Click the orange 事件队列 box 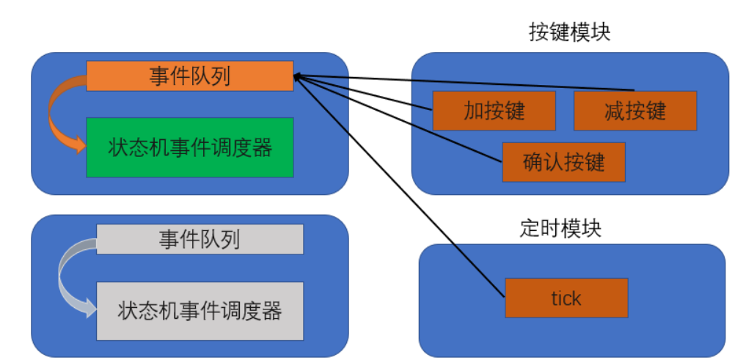tap(189, 76)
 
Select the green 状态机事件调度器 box tap(189, 147)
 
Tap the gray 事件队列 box tap(200, 239)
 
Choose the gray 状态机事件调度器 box tap(200, 310)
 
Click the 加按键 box tap(494, 110)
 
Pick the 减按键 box tap(635, 110)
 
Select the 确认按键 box tap(563, 161)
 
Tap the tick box tap(566, 298)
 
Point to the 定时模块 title tap(560, 228)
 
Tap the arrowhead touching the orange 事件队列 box tap(297, 76)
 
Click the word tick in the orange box tap(566, 298)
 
